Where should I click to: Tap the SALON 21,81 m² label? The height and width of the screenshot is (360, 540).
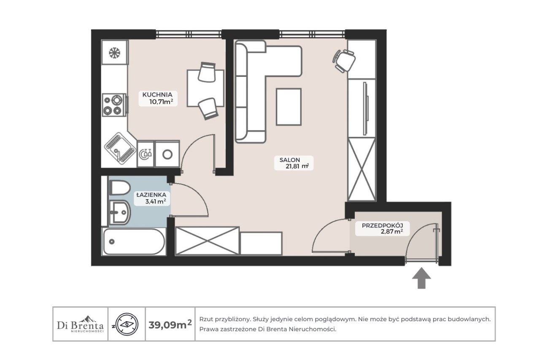(294, 163)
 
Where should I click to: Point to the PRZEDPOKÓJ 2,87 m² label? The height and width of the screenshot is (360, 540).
(382, 229)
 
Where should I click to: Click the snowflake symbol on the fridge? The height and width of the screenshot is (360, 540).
(114, 53)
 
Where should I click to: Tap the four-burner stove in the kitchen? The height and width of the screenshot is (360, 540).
(114, 105)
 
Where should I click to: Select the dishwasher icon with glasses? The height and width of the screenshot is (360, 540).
(146, 154)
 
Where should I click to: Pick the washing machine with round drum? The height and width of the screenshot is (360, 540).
(167, 154)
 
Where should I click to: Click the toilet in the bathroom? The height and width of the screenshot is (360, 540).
(119, 187)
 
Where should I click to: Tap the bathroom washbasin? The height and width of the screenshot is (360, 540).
(120, 212)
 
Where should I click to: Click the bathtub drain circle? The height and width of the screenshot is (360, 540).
(112, 241)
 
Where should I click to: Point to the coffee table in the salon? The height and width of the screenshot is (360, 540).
(289, 107)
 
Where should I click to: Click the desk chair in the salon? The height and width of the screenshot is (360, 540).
(344, 61)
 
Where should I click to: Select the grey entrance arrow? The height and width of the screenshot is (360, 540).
(421, 278)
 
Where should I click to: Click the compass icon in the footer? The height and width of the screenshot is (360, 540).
(127, 324)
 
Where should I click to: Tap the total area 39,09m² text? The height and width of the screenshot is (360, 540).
(170, 324)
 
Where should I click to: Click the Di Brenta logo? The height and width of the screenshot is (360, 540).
(80, 324)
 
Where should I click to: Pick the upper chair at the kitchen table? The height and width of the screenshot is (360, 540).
(207, 72)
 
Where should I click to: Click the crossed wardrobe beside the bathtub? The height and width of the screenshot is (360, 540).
(207, 241)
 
